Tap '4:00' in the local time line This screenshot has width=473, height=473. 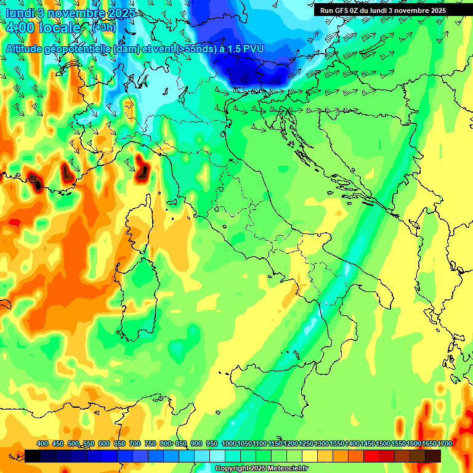click(x=22, y=28)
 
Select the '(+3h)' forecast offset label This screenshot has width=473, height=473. click(x=103, y=28)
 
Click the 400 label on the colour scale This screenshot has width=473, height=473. click(x=42, y=443)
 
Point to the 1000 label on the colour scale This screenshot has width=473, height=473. click(x=228, y=443)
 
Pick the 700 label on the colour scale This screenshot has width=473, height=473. click(x=135, y=443)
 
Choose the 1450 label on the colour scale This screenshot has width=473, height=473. click(x=368, y=443)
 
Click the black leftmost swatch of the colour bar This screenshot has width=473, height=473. click(x=33, y=456)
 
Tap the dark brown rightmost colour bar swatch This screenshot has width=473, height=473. click(x=432, y=456)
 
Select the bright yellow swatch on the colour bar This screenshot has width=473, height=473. click(x=310, y=456)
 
